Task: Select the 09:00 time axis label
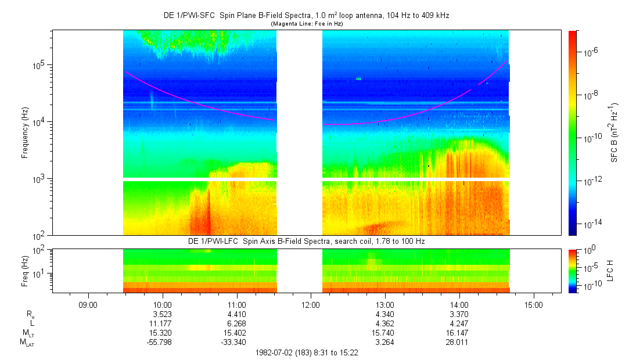coord(88,304)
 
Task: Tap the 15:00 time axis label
coord(534,304)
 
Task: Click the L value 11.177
coord(162,323)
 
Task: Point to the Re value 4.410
coord(236,314)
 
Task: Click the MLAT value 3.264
coord(385,342)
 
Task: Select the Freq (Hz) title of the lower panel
coord(25,270)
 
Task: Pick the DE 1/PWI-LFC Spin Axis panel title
coord(307,241)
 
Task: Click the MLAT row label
coord(27,342)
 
